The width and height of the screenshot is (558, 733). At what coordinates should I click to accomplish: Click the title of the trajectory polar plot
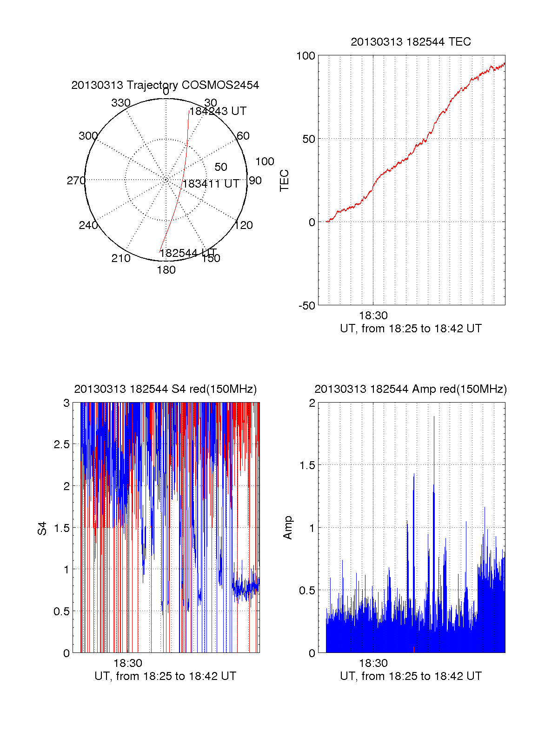pos(165,85)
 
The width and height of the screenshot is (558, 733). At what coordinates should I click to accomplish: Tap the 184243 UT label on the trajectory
pos(218,111)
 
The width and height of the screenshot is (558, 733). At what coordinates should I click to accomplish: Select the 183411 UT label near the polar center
pos(211,184)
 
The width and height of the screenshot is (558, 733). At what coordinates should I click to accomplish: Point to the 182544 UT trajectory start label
pos(188,253)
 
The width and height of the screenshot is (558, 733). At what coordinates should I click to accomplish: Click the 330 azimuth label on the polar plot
pos(121,103)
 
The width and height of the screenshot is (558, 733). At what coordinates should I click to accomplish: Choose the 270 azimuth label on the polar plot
pos(76,181)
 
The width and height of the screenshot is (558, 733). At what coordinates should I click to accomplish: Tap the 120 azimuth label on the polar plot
pos(244,226)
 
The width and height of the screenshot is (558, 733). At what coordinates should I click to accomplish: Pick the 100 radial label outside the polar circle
pos(265,162)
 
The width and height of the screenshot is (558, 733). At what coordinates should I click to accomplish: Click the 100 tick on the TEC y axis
pos(306,56)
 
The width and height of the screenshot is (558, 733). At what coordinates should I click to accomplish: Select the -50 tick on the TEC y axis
pos(307,306)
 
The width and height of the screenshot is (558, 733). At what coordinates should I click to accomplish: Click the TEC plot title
pos(411,42)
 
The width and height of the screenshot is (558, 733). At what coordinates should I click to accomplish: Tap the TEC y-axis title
pos(285,181)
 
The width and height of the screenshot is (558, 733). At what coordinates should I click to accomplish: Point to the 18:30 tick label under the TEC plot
pos(373,316)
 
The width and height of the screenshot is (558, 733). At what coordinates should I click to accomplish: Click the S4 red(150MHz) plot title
pos(165,389)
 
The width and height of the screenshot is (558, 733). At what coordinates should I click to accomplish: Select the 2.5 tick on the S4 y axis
pos(61,444)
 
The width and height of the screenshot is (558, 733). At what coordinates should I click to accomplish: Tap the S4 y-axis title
pos(42,528)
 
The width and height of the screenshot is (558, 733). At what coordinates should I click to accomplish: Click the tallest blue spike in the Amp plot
pos(434,419)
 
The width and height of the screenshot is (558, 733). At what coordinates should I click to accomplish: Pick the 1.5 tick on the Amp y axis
pos(306,465)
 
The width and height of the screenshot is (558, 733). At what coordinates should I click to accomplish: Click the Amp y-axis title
pos(288,528)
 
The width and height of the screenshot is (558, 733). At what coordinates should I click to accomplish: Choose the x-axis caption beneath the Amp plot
pos(411,676)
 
